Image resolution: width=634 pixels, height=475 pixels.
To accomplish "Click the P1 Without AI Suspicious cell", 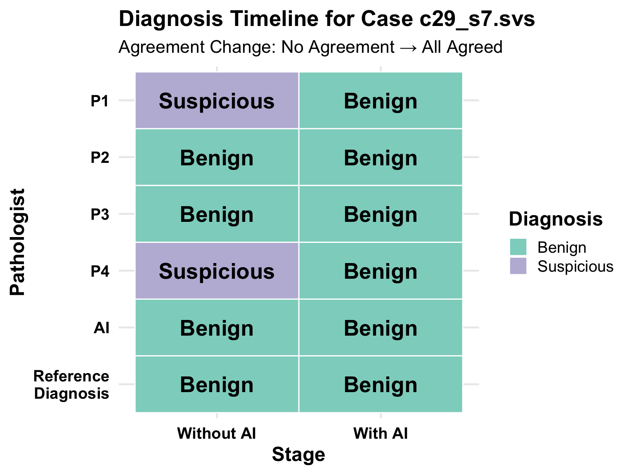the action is click(217, 100).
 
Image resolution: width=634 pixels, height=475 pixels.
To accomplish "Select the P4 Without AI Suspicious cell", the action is click(217, 270).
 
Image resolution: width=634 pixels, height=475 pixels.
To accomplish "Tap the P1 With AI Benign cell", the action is click(381, 100).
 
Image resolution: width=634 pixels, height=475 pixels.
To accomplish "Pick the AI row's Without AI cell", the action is click(217, 327).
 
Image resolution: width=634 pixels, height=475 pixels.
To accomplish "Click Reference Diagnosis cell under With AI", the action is click(381, 384).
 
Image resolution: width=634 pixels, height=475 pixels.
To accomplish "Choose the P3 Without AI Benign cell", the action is click(217, 214).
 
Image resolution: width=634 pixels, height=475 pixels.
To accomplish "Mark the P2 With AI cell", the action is click(381, 157).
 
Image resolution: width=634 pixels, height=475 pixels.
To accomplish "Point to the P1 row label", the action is click(99, 101).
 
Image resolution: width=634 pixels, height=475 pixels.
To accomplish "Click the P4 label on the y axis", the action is click(99, 271).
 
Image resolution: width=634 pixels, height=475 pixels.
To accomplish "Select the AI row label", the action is click(102, 328).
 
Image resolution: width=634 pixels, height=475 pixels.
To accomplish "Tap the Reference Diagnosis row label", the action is click(71, 385).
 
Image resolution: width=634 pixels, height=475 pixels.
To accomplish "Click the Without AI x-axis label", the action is click(217, 433).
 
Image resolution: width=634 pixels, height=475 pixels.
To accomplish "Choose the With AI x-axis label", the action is click(381, 433).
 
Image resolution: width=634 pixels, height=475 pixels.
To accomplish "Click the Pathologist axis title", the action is click(17, 242).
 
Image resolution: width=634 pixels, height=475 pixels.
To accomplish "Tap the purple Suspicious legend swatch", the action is click(518, 266).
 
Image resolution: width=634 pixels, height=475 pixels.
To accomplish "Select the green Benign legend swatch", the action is click(518, 247).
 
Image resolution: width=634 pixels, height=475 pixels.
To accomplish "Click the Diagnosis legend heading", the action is click(556, 219).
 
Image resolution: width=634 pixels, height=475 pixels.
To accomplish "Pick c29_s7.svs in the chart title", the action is click(477, 19).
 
